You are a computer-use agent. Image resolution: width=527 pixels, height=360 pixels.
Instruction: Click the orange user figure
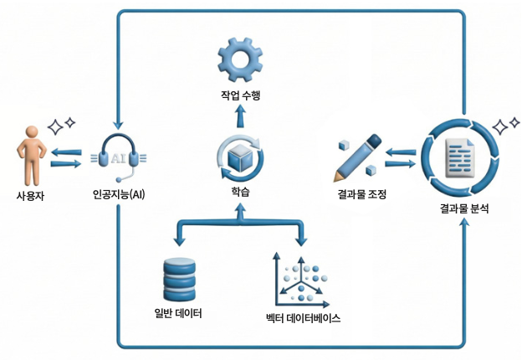(x=30, y=155)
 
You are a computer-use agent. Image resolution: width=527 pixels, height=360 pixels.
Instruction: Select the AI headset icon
(x=118, y=157)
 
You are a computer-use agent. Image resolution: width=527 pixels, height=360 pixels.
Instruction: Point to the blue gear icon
(x=241, y=58)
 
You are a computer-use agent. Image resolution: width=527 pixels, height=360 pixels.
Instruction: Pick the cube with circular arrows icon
(x=240, y=157)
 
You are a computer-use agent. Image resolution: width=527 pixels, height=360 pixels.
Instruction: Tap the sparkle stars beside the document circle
(x=504, y=126)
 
